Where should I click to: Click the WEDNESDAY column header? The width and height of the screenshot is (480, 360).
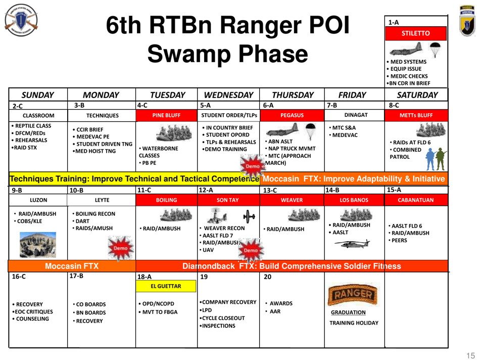coord(227,95)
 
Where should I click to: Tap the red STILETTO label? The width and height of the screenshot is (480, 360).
coord(415,34)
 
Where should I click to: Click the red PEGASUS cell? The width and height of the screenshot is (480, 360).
coord(291,115)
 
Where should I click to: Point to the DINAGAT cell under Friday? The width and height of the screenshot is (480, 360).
coord(354,115)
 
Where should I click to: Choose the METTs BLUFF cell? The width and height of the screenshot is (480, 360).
coord(416,115)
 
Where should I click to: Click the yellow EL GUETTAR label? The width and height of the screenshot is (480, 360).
coord(166,287)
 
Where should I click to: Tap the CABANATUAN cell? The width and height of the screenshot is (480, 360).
coord(416,200)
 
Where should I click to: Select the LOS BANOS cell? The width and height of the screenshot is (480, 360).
coord(354,200)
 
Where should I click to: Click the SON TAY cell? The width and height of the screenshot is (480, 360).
coord(227,200)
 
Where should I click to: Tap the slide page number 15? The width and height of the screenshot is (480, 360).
coord(470,354)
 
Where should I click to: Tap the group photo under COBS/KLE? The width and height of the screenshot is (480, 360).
coord(33,245)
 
